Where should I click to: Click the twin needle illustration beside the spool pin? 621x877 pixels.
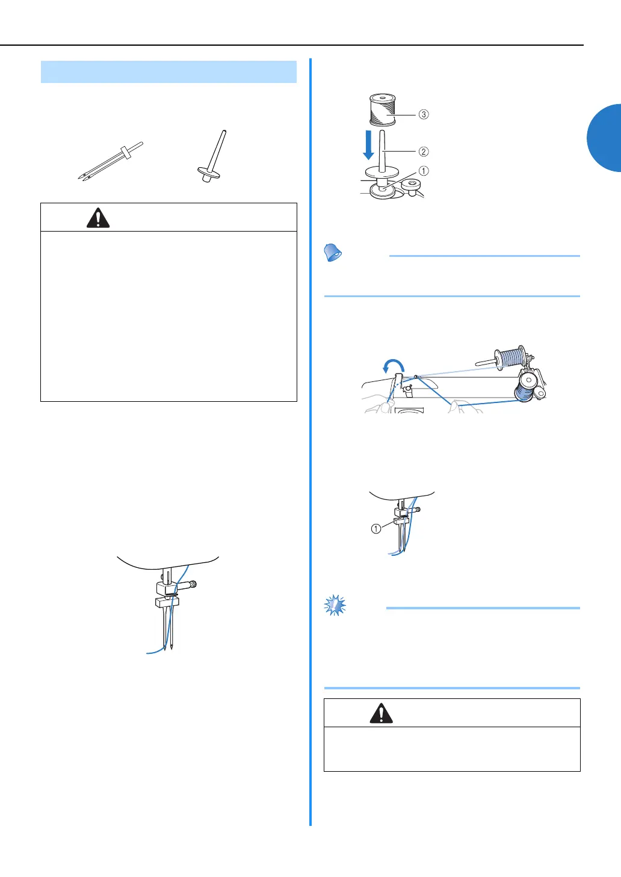point(111,161)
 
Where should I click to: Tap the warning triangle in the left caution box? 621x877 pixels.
point(98,218)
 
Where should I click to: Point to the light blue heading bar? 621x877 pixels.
point(168,72)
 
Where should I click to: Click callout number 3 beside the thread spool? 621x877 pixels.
point(424,114)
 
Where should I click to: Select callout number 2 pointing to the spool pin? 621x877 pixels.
point(424,152)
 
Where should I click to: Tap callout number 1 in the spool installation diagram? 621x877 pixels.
point(424,171)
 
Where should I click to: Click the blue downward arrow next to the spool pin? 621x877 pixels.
point(368,145)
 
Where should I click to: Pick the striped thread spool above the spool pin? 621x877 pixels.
point(383,109)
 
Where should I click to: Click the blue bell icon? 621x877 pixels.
point(332,252)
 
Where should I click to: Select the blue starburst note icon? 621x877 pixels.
point(335,605)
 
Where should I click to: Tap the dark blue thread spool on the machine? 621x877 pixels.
point(527,387)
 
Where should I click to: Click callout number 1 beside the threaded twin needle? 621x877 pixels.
point(376,529)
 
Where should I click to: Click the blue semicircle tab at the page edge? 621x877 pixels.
point(604,138)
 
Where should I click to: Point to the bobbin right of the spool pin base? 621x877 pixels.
point(411,186)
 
